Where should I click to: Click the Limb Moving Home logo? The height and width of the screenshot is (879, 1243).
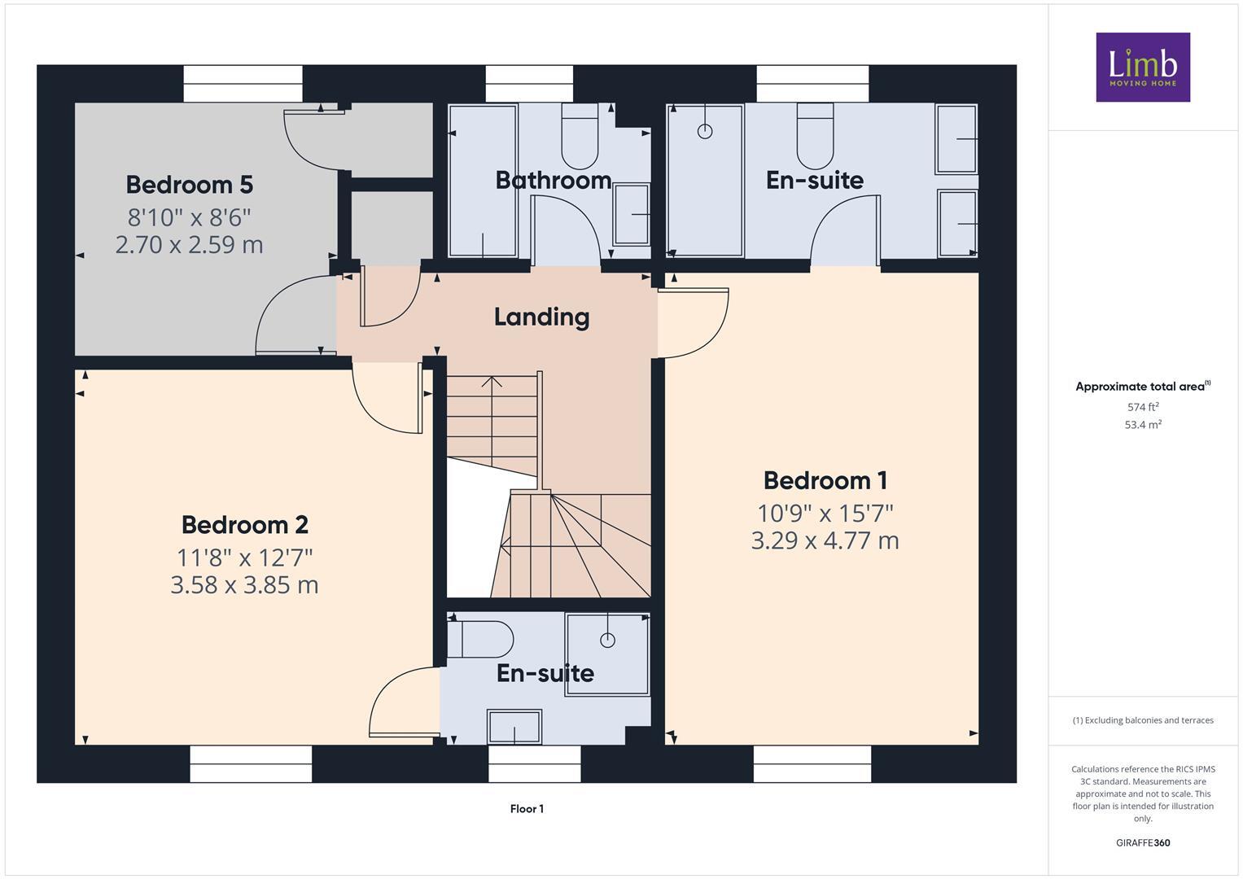pos(1142,67)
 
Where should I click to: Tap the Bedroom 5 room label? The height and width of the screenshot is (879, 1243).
pos(189,185)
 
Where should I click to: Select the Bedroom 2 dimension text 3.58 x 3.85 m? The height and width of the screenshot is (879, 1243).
pos(244,585)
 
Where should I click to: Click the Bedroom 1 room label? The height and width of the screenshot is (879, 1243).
pos(825,480)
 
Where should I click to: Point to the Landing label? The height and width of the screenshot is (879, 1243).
pos(541,317)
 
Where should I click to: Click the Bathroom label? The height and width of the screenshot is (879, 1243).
pos(553,180)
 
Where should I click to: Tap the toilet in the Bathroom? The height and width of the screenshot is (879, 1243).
pos(580,138)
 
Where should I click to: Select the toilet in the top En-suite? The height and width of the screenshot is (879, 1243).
pos(815,138)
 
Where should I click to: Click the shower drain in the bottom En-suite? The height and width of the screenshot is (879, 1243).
pos(607,641)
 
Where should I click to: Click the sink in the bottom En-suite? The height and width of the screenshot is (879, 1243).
pos(514,726)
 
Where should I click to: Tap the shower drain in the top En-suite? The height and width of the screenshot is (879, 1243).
pos(705,131)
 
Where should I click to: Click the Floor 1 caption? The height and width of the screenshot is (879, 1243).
pos(527,809)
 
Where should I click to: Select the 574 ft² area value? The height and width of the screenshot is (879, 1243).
pos(1142,407)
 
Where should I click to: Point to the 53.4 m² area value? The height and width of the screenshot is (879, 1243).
pos(1142,425)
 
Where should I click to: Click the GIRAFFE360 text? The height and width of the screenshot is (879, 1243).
pos(1142,842)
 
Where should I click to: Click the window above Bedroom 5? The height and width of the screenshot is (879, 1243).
pos(243,84)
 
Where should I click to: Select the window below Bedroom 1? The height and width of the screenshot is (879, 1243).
pos(812,763)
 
